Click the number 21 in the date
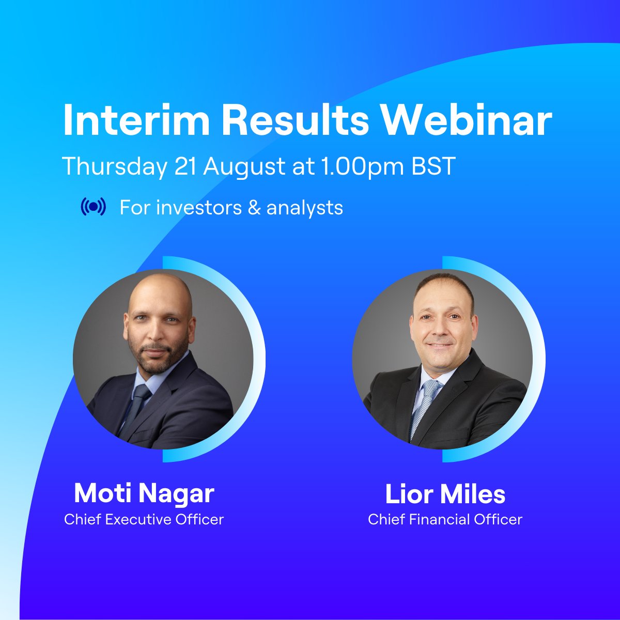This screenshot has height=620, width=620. pyautogui.click(x=187, y=166)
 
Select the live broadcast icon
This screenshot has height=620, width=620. pyautogui.click(x=94, y=207)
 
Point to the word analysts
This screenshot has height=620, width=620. pyautogui.click(x=305, y=208)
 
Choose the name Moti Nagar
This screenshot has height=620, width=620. pyautogui.click(x=144, y=493)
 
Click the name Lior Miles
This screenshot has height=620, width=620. pyautogui.click(x=445, y=494)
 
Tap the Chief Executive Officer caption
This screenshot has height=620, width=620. pyautogui.click(x=144, y=519)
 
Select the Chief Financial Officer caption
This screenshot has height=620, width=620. pyautogui.click(x=445, y=519)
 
